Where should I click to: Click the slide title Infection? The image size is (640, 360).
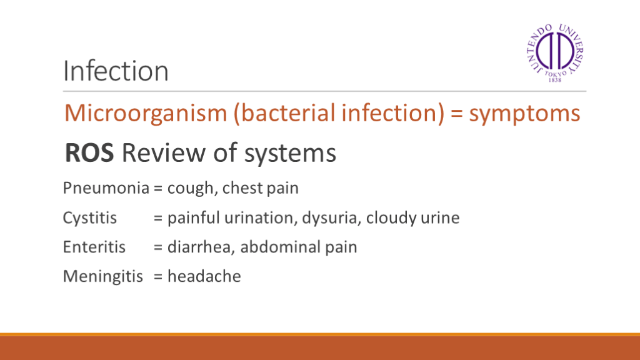tap(116, 71)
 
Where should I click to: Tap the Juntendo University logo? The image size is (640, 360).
tap(555, 53)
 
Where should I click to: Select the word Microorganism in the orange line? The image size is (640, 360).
tap(146, 113)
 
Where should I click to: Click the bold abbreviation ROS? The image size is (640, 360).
tap(89, 153)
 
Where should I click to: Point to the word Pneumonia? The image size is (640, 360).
tap(106, 188)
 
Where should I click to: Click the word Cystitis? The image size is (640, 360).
tap(90, 217)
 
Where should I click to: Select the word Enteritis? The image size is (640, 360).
tap(94, 247)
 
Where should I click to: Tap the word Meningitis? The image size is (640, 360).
tap(103, 276)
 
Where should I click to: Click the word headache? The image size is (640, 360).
tap(204, 276)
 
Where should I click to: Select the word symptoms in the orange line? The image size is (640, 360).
tap(524, 114)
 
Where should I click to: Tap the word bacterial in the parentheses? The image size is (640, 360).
tap(286, 113)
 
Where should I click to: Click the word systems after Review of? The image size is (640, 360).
tap(290, 154)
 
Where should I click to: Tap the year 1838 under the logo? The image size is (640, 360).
tap(555, 80)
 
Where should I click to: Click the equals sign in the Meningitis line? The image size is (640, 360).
tap(158, 277)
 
